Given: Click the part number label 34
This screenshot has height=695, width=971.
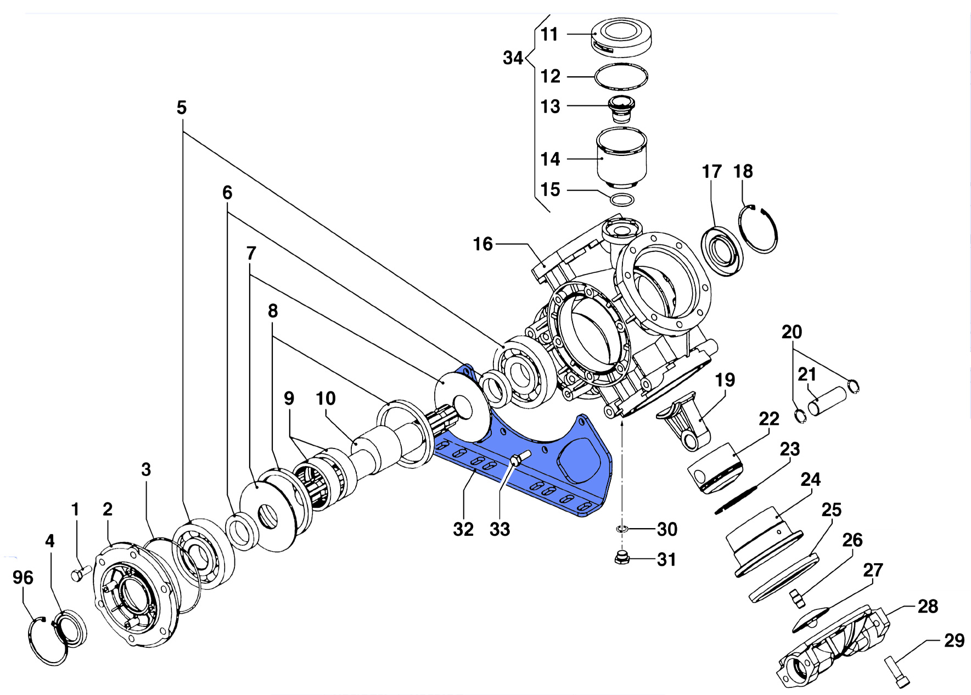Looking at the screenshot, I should pyautogui.click(x=513, y=58).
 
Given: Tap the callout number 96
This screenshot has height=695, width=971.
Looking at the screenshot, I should pyautogui.click(x=23, y=577).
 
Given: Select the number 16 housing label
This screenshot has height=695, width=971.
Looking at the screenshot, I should pyautogui.click(x=483, y=244).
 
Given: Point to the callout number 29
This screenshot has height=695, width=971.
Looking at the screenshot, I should pyautogui.click(x=954, y=640).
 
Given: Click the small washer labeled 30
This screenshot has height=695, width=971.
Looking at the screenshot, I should pyautogui.click(x=621, y=529).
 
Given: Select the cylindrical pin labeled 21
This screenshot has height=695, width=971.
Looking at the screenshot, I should pyautogui.click(x=827, y=401).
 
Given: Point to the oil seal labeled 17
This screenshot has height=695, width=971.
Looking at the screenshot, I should pyautogui.click(x=722, y=251).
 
